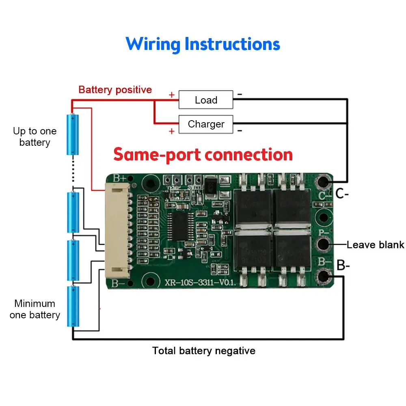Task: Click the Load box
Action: click(206, 100)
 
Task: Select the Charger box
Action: click(206, 124)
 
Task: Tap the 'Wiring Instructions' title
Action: click(203, 44)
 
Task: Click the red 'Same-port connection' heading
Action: click(203, 155)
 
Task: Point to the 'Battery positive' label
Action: click(115, 90)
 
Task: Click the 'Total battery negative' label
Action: click(204, 351)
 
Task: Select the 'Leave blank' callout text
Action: click(375, 245)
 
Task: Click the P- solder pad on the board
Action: click(324, 244)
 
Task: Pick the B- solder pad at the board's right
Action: click(324, 276)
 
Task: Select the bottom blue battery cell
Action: click(73, 306)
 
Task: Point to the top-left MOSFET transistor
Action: click(252, 205)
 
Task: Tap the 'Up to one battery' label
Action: click(35, 137)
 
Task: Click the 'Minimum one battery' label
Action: click(35, 309)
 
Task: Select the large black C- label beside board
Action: click(342, 194)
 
